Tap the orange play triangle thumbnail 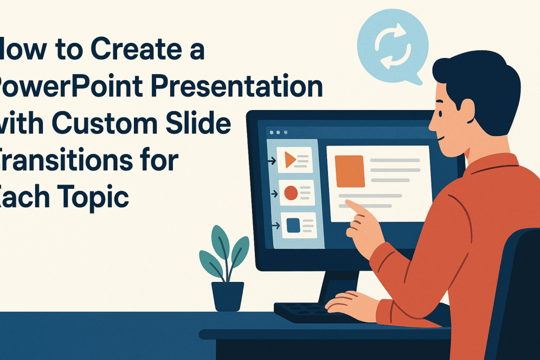(x=290, y=160)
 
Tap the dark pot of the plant (x=227, y=295)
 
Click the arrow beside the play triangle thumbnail (x=272, y=161)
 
